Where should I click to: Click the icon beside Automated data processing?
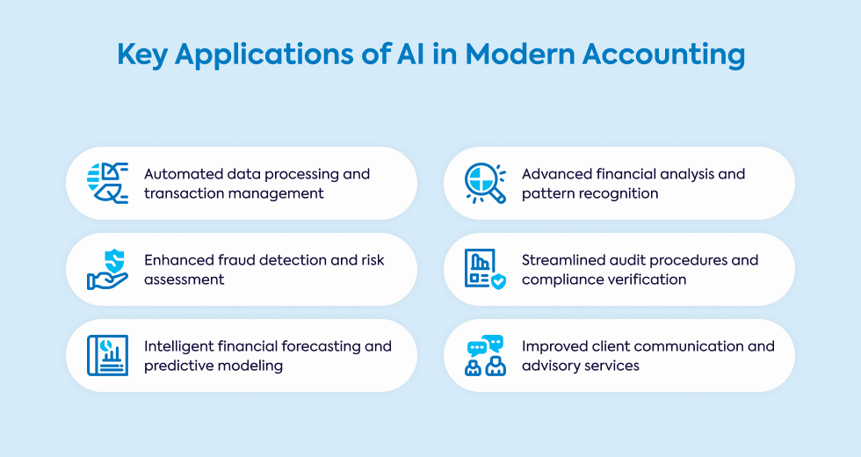pyautogui.click(x=108, y=183)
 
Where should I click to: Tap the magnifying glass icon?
pyautogui.click(x=485, y=183)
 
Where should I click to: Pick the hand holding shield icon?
pyautogui.click(x=108, y=269)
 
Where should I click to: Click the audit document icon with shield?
pyautogui.click(x=485, y=269)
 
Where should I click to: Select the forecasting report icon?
pyautogui.click(x=108, y=355)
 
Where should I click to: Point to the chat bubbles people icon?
pyautogui.click(x=485, y=355)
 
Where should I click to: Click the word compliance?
pyautogui.click(x=561, y=279)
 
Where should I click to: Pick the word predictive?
pyautogui.click(x=177, y=366)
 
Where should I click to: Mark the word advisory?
pyautogui.click(x=551, y=366)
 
